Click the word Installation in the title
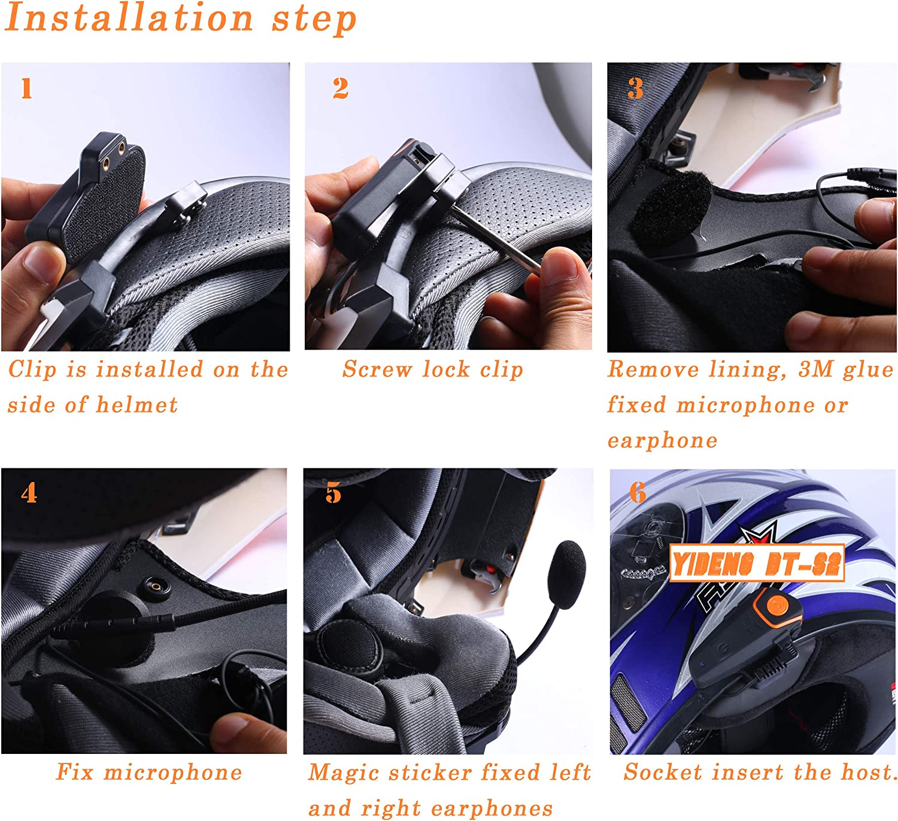pos(129,17)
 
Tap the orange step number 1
pos(26,89)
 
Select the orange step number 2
pos(340,89)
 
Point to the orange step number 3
pos(635,89)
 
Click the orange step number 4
pos(29,493)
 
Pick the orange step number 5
pos(333,493)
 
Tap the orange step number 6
pos(638,493)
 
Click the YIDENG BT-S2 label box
pos(757,564)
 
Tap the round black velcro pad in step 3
pos(671,210)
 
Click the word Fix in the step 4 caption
pos(75,772)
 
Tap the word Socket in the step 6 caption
pos(663,772)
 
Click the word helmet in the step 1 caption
pos(136,405)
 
